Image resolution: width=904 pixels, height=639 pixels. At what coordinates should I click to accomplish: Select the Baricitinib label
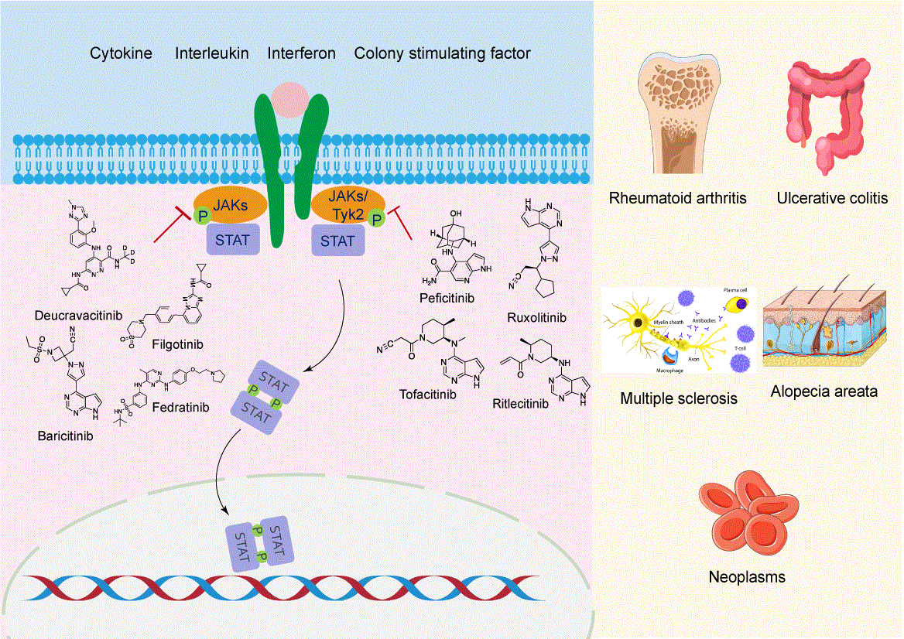(x=65, y=436)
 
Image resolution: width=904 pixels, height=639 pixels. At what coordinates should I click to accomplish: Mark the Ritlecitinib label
(x=520, y=403)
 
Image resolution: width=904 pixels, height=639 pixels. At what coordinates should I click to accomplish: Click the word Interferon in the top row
(x=301, y=54)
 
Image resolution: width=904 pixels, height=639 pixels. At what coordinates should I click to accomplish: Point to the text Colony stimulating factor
(x=442, y=54)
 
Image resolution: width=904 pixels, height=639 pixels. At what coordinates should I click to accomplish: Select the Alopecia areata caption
(x=824, y=391)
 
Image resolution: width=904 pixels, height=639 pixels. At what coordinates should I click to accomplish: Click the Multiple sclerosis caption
(x=679, y=399)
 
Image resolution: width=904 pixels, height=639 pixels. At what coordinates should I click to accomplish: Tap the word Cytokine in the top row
(x=121, y=54)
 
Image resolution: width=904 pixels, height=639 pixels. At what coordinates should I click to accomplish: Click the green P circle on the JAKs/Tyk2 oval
(x=377, y=219)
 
